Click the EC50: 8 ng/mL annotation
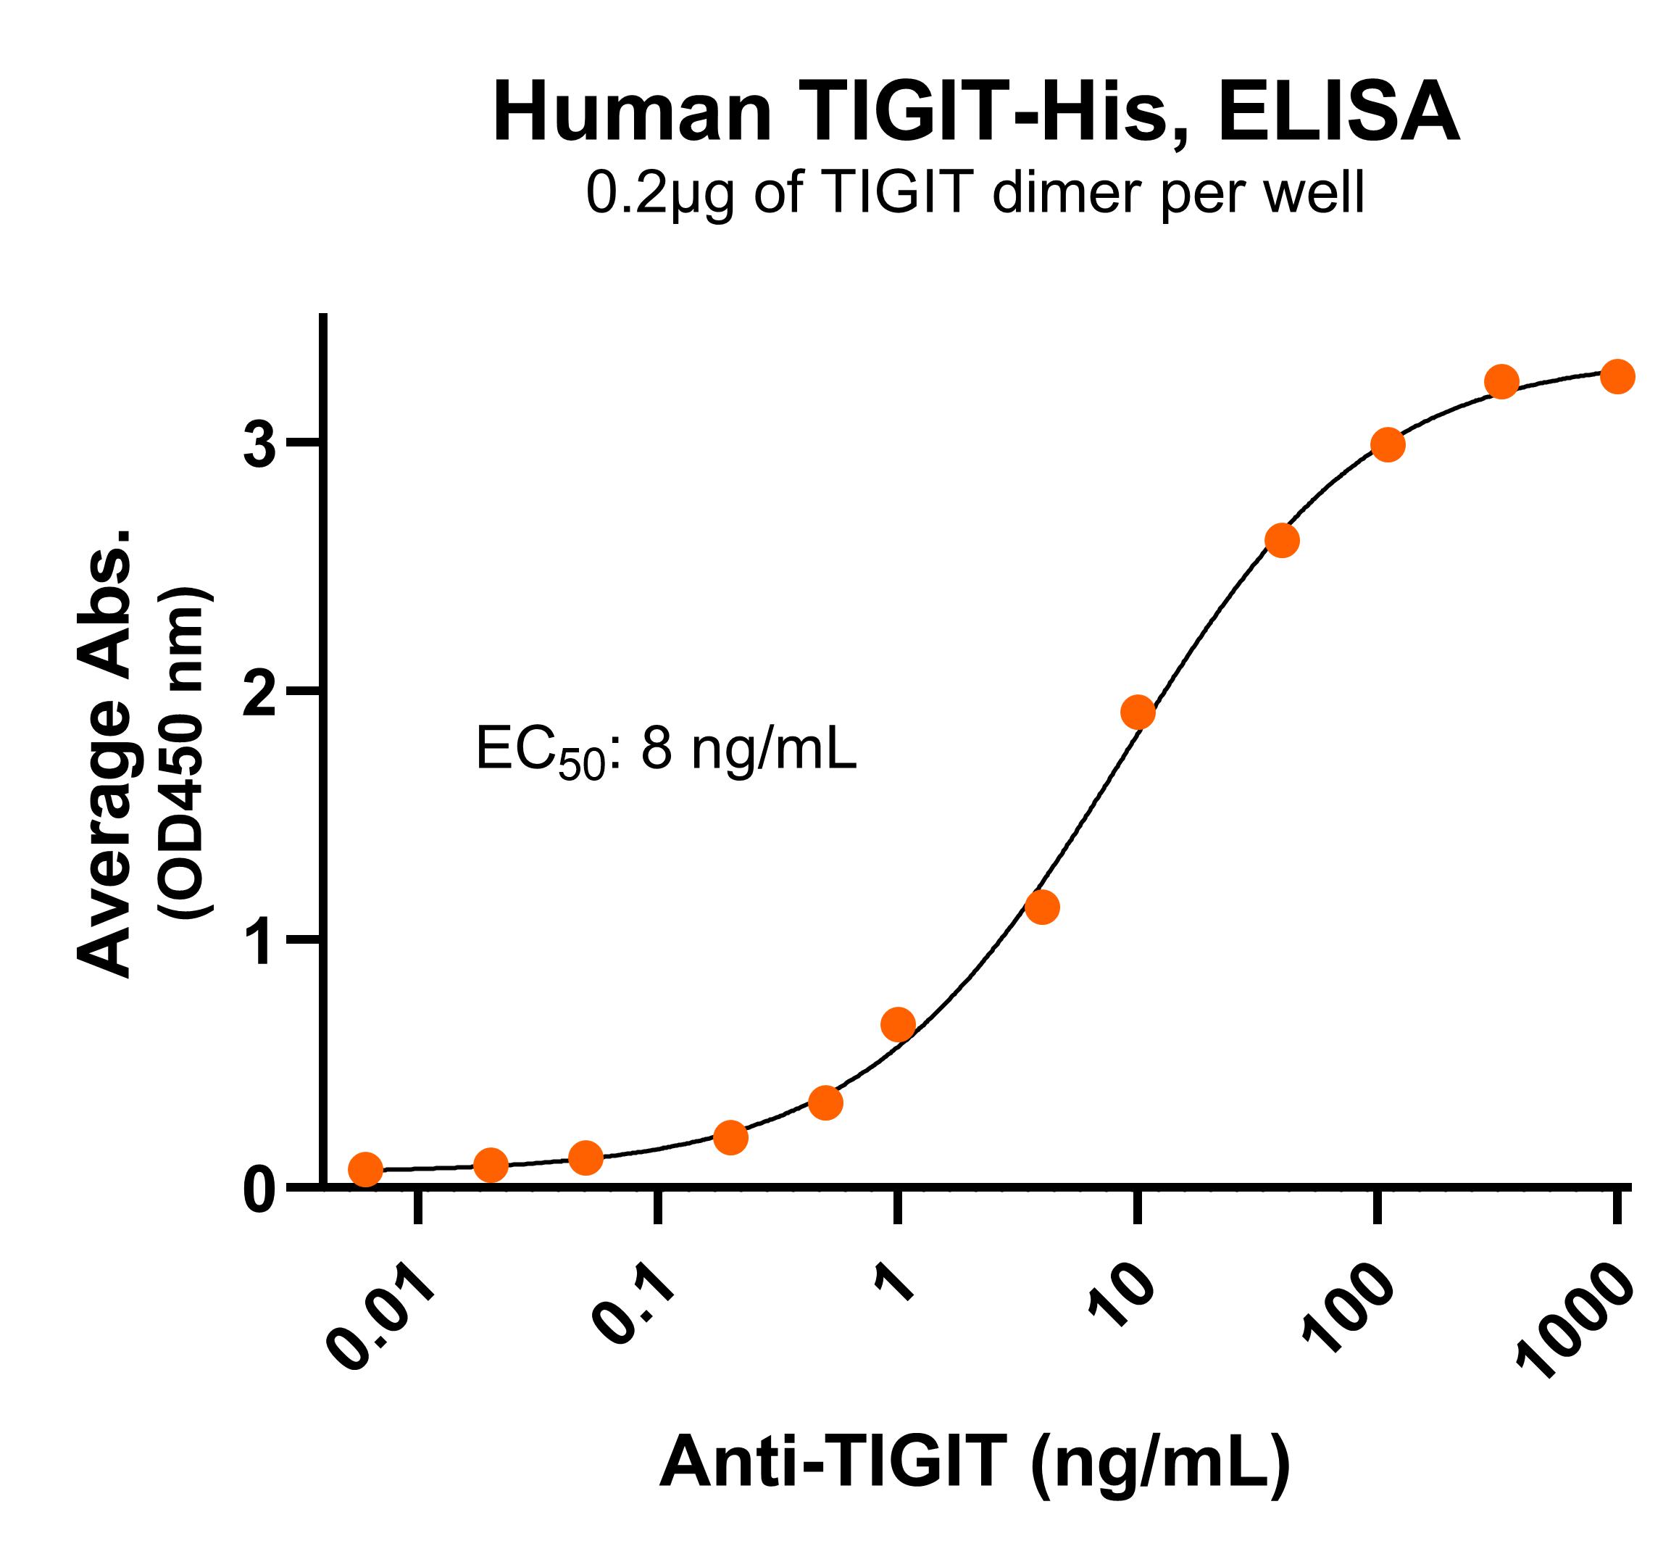pos(666,751)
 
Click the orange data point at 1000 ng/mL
pos(1617,375)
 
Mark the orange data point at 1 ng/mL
pos(898,1024)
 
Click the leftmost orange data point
pos(364,1168)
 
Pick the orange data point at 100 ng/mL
pos(1388,445)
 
